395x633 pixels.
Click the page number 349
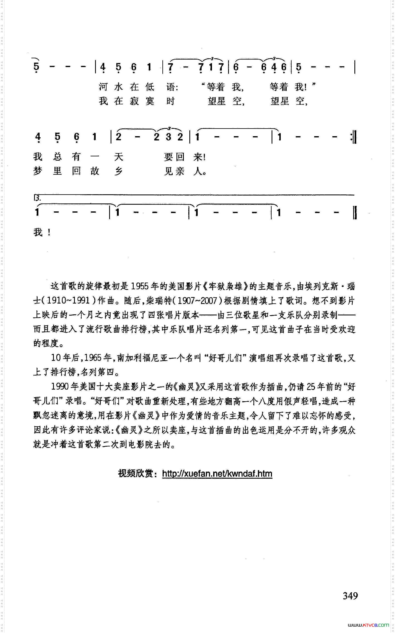point(350,596)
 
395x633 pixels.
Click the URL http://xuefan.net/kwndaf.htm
point(217,474)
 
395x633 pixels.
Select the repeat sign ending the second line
point(354,137)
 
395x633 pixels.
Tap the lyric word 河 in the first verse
point(103,87)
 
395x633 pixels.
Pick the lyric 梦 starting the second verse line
point(38,171)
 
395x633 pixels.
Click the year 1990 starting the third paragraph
point(60,387)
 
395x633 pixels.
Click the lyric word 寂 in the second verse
point(134,101)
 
